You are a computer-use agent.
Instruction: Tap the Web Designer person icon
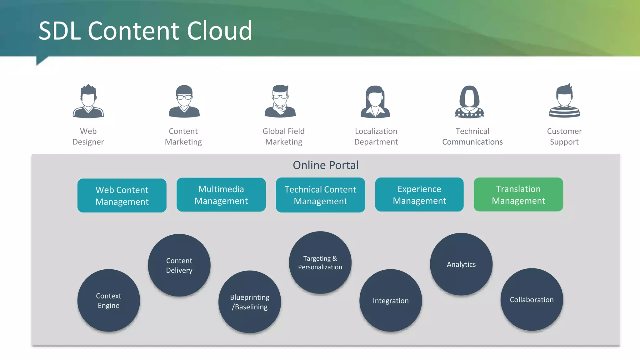[88, 101]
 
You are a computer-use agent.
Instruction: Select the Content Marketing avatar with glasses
[184, 101]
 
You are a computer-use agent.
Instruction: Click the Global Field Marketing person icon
[280, 101]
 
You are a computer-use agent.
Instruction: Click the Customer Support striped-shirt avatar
[564, 101]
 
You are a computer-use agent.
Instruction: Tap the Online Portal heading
[326, 165]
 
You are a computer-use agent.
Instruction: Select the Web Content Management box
[122, 196]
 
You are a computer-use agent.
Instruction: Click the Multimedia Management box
[221, 195]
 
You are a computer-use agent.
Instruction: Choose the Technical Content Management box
[320, 195]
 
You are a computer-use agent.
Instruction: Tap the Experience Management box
[419, 194]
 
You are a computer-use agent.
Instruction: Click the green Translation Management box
[518, 194]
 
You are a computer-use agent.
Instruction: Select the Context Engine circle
[108, 300]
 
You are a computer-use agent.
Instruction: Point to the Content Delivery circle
[179, 265]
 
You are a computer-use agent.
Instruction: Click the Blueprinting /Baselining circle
[250, 302]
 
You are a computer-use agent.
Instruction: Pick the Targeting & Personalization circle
[320, 262]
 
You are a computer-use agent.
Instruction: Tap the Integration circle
[391, 300]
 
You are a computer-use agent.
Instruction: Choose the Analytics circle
[461, 264]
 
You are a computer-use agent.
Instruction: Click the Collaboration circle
[532, 299]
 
